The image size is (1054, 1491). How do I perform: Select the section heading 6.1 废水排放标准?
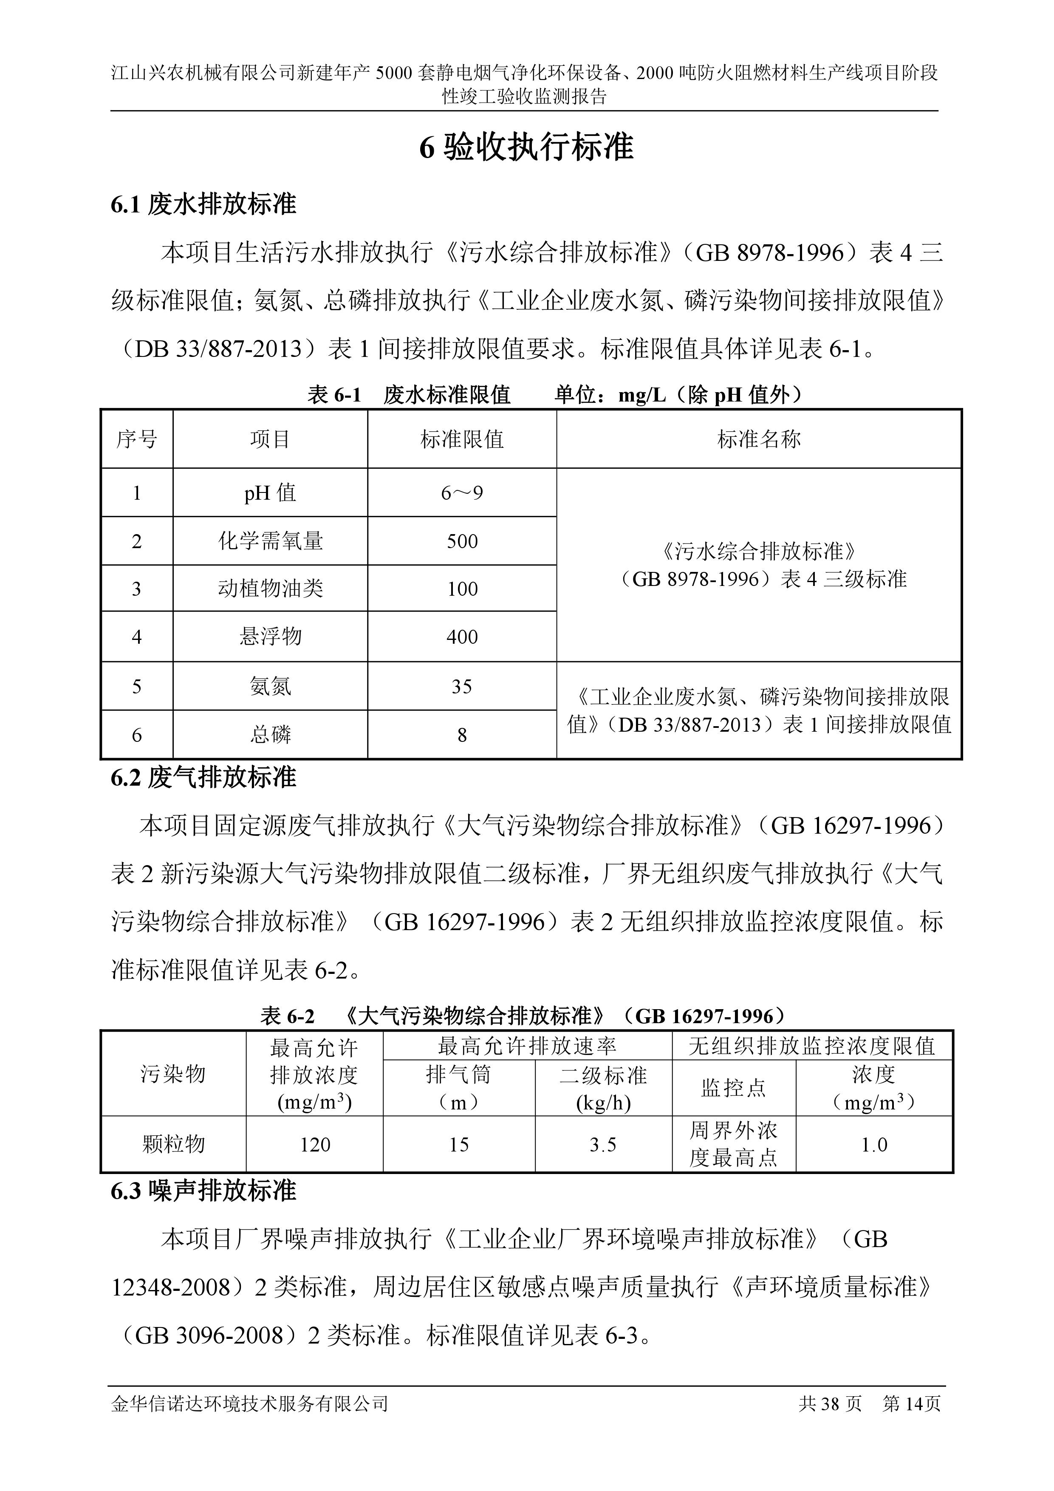[203, 204]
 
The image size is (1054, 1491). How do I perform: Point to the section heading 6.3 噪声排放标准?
[203, 1191]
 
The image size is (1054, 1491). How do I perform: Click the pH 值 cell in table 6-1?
[270, 493]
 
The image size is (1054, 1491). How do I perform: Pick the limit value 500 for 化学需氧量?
[462, 541]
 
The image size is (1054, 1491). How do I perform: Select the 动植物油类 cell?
[270, 589]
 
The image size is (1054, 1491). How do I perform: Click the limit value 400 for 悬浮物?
[462, 637]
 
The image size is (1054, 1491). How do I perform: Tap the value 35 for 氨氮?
[462, 686]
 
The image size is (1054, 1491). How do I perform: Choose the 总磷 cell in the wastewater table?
[270, 735]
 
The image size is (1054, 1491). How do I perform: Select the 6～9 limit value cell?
[462, 493]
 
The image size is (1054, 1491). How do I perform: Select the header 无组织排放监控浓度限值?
[812, 1046]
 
